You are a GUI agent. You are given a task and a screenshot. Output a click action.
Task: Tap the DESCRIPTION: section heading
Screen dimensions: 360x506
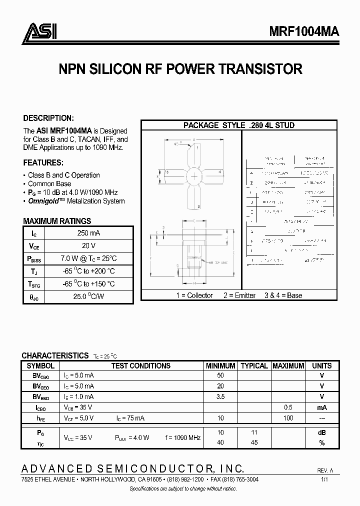click(x=48, y=118)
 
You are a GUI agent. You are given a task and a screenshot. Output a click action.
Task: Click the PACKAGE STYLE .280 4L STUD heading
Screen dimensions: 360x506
click(x=238, y=125)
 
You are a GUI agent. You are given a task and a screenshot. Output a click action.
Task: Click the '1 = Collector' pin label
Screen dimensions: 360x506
click(x=194, y=295)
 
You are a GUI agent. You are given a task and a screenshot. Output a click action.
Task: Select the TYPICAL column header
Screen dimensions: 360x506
click(x=254, y=365)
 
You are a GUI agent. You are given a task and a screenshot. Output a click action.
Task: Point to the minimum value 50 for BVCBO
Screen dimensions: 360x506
click(x=220, y=375)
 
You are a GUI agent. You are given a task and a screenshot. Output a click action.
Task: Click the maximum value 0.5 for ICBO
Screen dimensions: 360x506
click(x=288, y=407)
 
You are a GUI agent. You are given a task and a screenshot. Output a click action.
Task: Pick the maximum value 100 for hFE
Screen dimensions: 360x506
click(x=288, y=418)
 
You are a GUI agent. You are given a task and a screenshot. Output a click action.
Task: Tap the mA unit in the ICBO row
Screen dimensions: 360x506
click(x=321, y=407)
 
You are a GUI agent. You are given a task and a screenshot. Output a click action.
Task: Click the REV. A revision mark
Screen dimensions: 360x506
click(x=325, y=471)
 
